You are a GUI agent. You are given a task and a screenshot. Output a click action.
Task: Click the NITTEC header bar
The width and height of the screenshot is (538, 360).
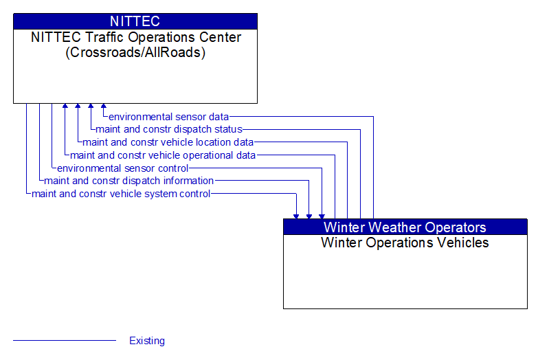[135, 21]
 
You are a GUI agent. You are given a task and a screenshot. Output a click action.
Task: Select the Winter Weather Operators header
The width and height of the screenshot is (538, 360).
[405, 227]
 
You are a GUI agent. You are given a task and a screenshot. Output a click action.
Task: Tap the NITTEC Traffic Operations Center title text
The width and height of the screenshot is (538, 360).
[136, 37]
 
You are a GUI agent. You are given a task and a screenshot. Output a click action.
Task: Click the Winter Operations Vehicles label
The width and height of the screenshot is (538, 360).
[405, 243]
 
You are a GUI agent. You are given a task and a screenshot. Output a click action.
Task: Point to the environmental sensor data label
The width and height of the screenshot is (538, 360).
[168, 117]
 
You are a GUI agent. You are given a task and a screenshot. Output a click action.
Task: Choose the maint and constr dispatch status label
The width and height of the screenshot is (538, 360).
[169, 129]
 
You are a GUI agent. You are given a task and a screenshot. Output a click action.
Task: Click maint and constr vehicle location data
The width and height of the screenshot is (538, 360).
[168, 142]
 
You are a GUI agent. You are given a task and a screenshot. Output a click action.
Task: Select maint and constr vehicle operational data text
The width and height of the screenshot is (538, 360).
[163, 155]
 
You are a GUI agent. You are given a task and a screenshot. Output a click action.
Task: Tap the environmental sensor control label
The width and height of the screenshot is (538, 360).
[122, 168]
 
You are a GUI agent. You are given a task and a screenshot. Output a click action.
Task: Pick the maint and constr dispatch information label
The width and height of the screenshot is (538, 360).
[128, 181]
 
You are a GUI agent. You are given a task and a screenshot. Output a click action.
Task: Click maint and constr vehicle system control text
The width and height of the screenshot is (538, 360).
[121, 194]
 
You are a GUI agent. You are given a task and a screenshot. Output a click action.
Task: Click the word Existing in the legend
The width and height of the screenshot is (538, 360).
[147, 341]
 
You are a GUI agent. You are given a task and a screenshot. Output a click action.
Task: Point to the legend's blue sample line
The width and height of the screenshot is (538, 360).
[65, 341]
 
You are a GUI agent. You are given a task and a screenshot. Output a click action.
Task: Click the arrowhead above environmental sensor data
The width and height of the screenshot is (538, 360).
[104, 106]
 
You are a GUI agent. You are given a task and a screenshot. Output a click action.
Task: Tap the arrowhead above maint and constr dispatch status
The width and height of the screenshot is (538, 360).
[91, 106]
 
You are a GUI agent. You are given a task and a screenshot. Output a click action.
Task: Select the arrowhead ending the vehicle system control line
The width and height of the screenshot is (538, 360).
[296, 216]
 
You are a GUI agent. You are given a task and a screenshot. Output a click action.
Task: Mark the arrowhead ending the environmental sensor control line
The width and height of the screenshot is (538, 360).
[322, 216]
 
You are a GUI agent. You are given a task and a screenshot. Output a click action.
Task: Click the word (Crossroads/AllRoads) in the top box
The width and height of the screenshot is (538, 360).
[135, 52]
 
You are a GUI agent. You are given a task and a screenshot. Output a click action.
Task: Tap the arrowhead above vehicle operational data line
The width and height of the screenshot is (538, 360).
[65, 106]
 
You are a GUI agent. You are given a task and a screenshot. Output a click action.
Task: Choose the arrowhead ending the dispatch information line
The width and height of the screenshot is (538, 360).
[309, 216]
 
